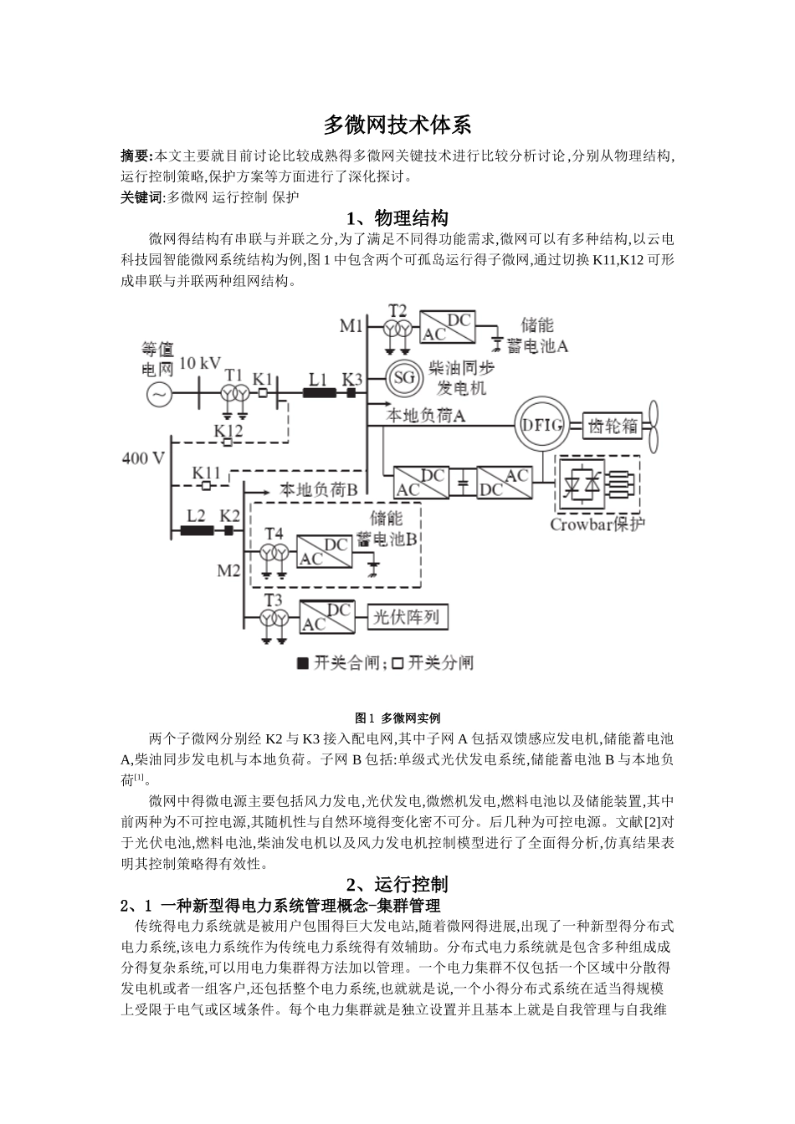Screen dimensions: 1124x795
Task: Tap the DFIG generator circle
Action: tap(541, 425)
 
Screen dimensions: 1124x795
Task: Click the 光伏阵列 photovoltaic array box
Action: tap(408, 617)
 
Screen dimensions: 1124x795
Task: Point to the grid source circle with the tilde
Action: tap(158, 394)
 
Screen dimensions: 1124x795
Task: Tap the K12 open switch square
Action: tap(227, 442)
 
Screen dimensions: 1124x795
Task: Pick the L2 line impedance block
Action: tap(194, 529)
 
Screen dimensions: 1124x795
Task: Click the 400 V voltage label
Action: tap(143, 458)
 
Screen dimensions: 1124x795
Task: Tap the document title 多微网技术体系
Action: tap(397, 125)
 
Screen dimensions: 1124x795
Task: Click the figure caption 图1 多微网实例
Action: tap(397, 718)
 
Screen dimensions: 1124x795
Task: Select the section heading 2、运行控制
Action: tap(397, 884)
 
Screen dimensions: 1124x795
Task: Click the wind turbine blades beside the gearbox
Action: tap(658, 425)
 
